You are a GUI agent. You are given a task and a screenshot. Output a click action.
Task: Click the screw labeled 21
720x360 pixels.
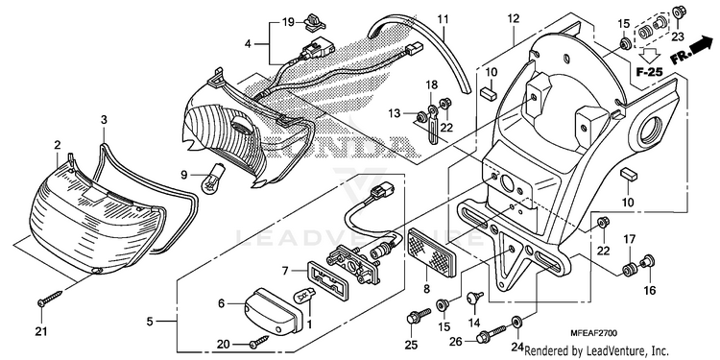tap(50, 298)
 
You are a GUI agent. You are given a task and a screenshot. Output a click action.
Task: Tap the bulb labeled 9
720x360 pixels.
tap(213, 178)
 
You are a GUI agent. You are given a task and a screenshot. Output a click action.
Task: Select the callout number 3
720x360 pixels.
tap(105, 120)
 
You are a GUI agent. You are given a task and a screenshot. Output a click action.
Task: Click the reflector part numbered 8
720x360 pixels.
tap(432, 252)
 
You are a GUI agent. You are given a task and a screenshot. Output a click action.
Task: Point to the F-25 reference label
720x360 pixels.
tap(649, 71)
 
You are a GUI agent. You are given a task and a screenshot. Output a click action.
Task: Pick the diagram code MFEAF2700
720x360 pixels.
tap(594, 332)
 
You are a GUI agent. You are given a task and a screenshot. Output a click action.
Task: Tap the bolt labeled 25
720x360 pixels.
tap(418, 317)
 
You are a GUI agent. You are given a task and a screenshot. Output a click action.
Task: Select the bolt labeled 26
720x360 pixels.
tap(492, 334)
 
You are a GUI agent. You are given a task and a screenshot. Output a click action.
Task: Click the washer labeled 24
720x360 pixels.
tap(516, 321)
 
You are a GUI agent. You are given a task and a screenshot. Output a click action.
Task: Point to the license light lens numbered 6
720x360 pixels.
tap(273, 310)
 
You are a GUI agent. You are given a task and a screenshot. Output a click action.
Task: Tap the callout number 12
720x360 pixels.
tap(514, 19)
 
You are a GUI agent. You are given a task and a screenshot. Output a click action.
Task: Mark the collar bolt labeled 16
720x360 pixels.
tap(648, 262)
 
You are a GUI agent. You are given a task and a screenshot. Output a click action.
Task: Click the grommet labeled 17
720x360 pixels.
tap(628, 270)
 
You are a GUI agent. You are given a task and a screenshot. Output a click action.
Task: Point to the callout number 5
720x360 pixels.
tap(150, 322)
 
